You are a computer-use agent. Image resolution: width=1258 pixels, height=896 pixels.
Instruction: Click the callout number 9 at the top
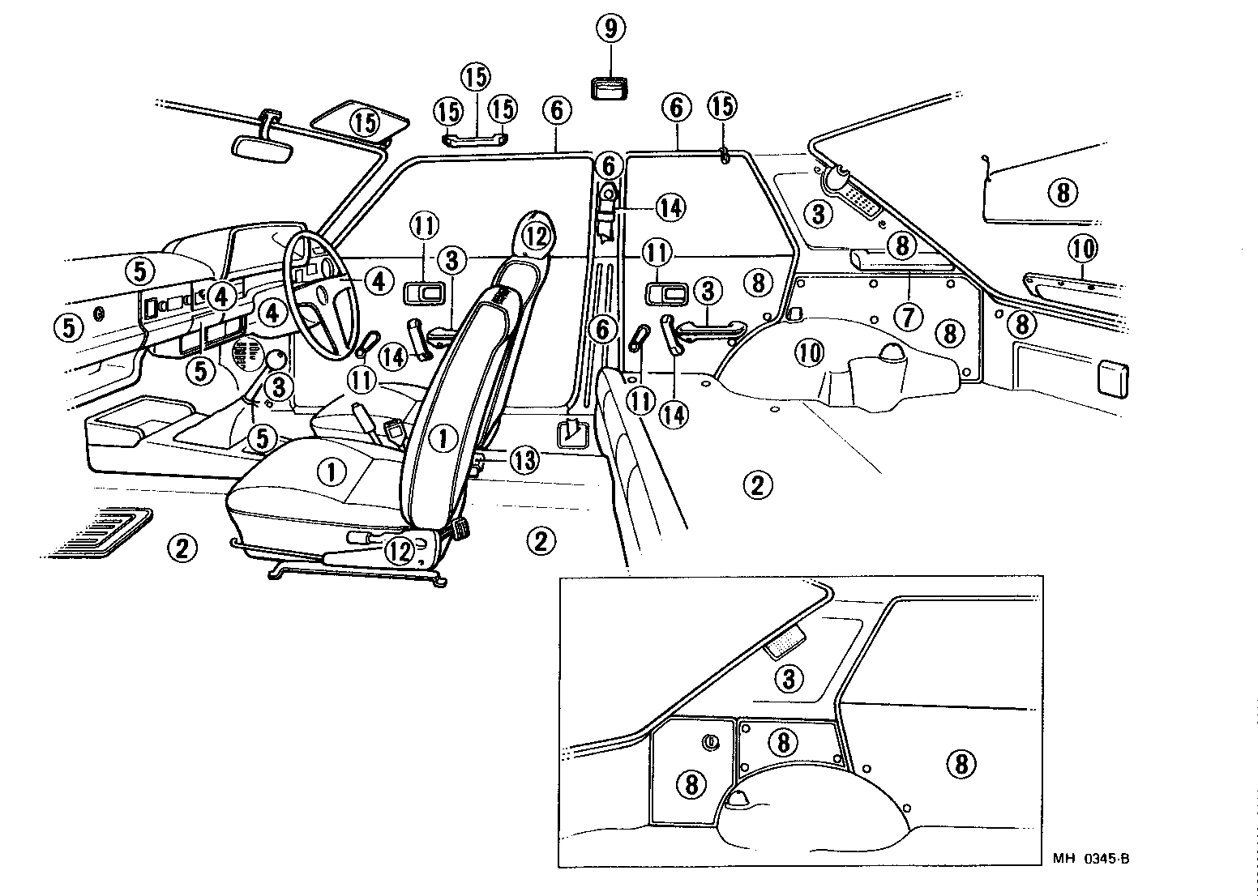pos(610,29)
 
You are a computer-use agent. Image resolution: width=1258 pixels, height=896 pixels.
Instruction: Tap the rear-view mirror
pos(261,148)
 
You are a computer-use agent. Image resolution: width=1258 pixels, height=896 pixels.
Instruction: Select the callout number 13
pos(524,460)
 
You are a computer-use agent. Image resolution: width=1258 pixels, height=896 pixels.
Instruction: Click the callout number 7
pos(909,317)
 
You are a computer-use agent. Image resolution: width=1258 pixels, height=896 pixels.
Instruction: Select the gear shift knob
pos(276,359)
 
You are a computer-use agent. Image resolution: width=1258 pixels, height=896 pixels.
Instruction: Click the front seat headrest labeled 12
pos(535,235)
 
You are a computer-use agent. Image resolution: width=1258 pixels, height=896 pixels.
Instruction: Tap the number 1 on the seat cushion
pos(330,470)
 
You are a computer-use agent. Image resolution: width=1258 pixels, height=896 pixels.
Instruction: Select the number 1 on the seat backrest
pos(443,438)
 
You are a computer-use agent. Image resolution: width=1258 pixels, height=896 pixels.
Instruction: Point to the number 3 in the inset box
pos(789,677)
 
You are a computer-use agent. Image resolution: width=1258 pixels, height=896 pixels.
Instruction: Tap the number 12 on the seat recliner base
pos(400,551)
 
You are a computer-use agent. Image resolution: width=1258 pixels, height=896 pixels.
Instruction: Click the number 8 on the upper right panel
pos(1063,192)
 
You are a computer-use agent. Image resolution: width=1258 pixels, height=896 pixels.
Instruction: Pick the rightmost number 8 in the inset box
pos(961,762)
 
